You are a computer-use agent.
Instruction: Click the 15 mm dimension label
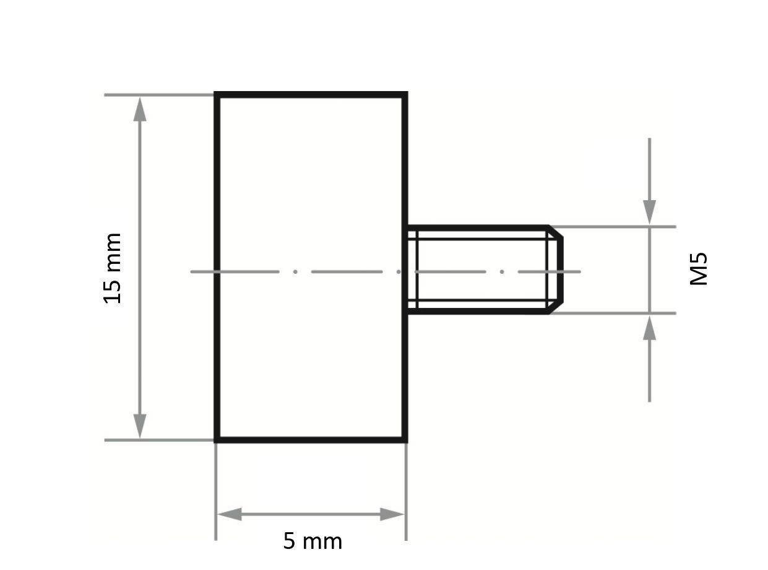coord(113,268)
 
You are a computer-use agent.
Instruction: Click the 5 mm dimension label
coord(313,541)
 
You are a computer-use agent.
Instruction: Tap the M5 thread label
coord(698,269)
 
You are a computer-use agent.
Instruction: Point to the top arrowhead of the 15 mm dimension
coord(140,109)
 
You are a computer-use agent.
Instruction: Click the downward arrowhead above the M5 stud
coord(649,213)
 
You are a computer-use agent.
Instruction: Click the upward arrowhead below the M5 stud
coord(649,328)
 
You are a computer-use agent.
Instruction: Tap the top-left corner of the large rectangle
coord(216,95)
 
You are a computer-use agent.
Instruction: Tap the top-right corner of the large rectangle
coord(405,95)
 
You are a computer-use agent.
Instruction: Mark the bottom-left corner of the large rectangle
coord(216,440)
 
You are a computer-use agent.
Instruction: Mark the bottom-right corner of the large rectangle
coord(405,440)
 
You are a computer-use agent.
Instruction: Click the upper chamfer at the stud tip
coord(555,233)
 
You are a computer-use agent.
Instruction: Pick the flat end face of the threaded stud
coord(561,270)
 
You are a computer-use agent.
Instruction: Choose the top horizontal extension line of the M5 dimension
coord(619,227)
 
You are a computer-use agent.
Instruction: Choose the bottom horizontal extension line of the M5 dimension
coord(619,313)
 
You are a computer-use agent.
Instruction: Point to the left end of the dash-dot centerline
coord(192,271)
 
